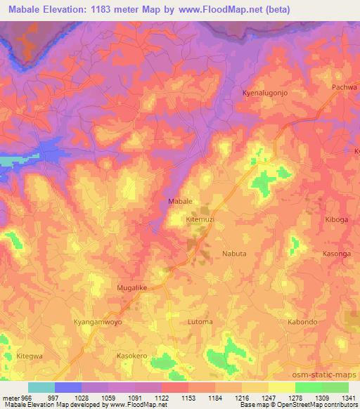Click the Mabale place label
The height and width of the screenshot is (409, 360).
181,202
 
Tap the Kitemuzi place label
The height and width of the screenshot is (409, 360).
200,220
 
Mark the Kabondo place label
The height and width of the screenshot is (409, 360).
303,322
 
